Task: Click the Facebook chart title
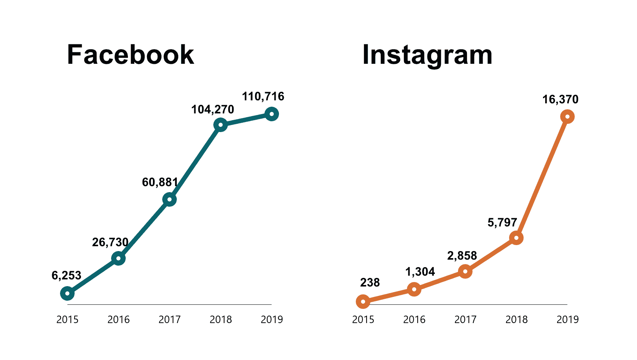pyautogui.click(x=130, y=55)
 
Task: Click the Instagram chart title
pyautogui.click(x=427, y=55)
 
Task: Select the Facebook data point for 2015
pyautogui.click(x=67, y=294)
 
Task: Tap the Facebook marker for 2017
pyautogui.click(x=169, y=200)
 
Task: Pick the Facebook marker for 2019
pyautogui.click(x=272, y=114)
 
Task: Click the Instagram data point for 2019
pyautogui.click(x=567, y=117)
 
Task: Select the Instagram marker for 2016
pyautogui.click(x=414, y=289)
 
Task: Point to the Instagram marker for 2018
pyautogui.click(x=516, y=238)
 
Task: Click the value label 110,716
pyautogui.click(x=263, y=97)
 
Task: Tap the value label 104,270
pyautogui.click(x=213, y=110)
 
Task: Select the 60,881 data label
pyautogui.click(x=160, y=182)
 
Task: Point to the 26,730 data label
pyautogui.click(x=110, y=242)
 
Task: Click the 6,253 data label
pyautogui.click(x=66, y=276)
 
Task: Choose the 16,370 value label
pyautogui.click(x=560, y=100)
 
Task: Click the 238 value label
pyautogui.click(x=370, y=283)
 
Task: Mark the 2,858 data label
pyautogui.click(x=462, y=256)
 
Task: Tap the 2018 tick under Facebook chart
pyautogui.click(x=220, y=320)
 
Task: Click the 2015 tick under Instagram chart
pyautogui.click(x=363, y=320)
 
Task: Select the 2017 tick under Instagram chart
pyautogui.click(x=465, y=320)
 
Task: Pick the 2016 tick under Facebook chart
pyautogui.click(x=118, y=320)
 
